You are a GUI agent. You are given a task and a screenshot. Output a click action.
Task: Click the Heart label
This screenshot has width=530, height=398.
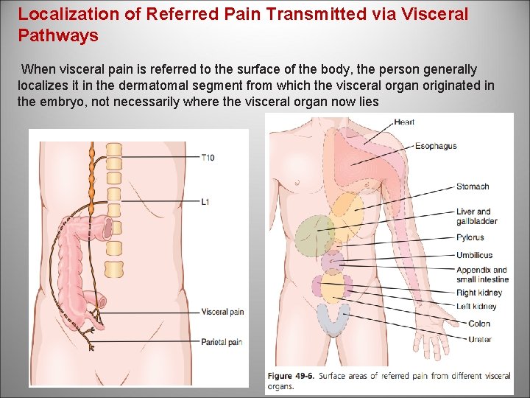(404, 122)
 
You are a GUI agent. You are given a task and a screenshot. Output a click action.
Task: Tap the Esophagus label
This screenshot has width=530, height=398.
(436, 146)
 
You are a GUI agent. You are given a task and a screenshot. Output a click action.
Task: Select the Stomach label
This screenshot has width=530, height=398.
(472, 187)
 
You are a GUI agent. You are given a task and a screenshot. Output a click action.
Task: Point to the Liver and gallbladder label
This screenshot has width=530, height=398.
(476, 217)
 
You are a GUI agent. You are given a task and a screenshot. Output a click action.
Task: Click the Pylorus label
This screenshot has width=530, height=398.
(470, 238)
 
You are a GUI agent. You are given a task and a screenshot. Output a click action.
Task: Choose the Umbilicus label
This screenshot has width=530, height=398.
(474, 256)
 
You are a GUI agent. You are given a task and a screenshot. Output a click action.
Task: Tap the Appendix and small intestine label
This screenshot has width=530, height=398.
(482, 275)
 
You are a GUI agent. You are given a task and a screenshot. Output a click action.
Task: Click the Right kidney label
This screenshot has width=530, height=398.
(478, 293)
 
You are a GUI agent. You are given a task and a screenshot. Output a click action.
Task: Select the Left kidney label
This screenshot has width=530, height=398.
(476, 307)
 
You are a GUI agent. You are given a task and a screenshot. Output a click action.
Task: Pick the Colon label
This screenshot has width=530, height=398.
(479, 324)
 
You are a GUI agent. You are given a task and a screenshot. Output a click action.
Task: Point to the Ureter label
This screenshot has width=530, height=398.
(480, 340)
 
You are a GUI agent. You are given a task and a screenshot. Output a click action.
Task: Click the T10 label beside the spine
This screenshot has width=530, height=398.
(208, 158)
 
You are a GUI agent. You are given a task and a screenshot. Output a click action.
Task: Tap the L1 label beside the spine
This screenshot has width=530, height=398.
(205, 201)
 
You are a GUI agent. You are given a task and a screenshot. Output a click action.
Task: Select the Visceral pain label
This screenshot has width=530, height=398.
(222, 312)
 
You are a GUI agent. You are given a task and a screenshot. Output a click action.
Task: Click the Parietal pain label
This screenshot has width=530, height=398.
(222, 342)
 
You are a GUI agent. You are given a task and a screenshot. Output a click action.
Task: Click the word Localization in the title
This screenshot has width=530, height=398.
(63, 14)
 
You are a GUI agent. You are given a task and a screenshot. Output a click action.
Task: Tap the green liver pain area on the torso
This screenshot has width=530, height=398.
(314, 235)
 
